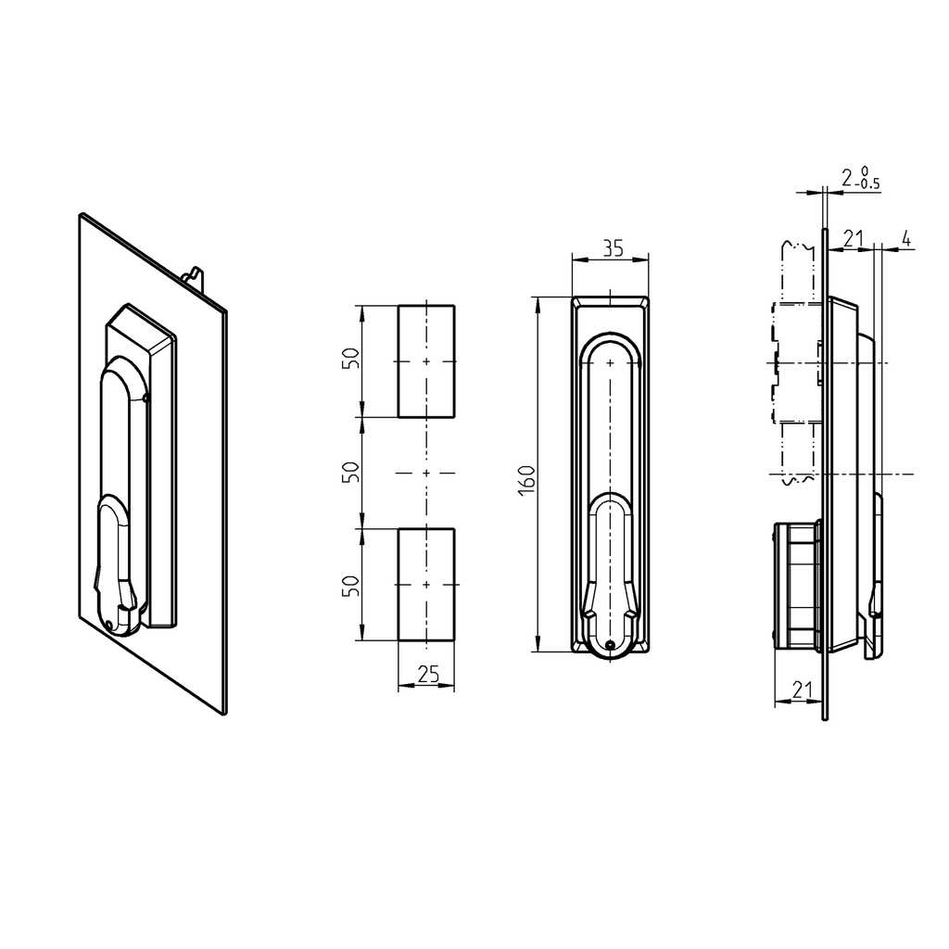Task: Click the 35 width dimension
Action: [x=612, y=248]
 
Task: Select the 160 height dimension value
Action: [x=526, y=480]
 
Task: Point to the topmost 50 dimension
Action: [x=350, y=360]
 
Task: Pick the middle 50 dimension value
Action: [x=350, y=472]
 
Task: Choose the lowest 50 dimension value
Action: [x=350, y=585]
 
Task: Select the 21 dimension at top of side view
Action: [x=853, y=239]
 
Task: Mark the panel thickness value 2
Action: [x=847, y=176]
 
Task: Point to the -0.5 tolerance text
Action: [x=869, y=183]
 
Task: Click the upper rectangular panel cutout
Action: [x=426, y=361]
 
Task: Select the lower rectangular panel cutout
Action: [x=426, y=585]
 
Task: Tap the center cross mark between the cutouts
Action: [x=426, y=473]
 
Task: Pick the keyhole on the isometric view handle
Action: [x=110, y=624]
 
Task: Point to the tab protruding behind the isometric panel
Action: [x=194, y=276]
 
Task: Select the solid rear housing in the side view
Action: [x=797, y=584]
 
